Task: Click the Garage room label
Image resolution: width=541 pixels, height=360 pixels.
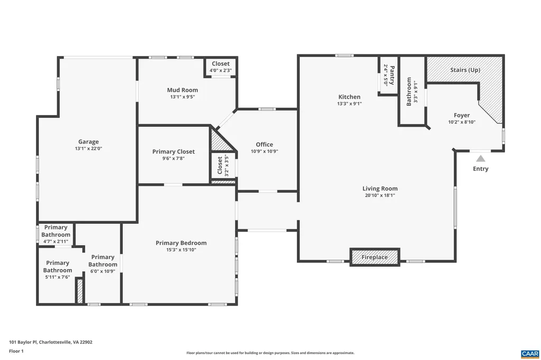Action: pyautogui.click(x=89, y=141)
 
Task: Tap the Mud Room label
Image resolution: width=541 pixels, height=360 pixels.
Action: pyautogui.click(x=182, y=90)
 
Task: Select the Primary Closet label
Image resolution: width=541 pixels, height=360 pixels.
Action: pyautogui.click(x=173, y=151)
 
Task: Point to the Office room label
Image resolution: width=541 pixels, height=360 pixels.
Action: pyautogui.click(x=264, y=144)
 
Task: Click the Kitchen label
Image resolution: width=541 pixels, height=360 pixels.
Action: pyautogui.click(x=349, y=97)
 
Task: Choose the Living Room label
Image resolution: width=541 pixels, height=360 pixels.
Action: pyautogui.click(x=380, y=188)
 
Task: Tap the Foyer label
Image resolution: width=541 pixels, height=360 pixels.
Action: pyautogui.click(x=461, y=115)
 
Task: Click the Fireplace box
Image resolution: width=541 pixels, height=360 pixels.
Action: pyautogui.click(x=375, y=257)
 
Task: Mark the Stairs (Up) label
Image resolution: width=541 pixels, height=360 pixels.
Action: pyautogui.click(x=465, y=70)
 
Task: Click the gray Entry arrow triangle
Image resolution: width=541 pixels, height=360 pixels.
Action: pyautogui.click(x=480, y=158)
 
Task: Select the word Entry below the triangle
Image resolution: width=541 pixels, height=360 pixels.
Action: pyautogui.click(x=480, y=169)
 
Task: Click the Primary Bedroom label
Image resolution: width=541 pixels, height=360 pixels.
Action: pyautogui.click(x=181, y=243)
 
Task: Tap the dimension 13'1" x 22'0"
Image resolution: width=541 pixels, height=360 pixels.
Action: pyautogui.click(x=89, y=149)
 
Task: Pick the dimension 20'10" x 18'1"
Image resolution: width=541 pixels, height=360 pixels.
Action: pyautogui.click(x=380, y=195)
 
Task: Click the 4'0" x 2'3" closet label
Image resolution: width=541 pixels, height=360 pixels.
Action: pyautogui.click(x=220, y=70)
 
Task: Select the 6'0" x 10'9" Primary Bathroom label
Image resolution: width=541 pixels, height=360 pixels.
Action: pyautogui.click(x=102, y=271)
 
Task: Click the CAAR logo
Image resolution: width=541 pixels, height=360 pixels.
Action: pyautogui.click(x=529, y=353)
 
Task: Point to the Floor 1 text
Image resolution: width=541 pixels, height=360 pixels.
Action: pyautogui.click(x=17, y=351)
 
